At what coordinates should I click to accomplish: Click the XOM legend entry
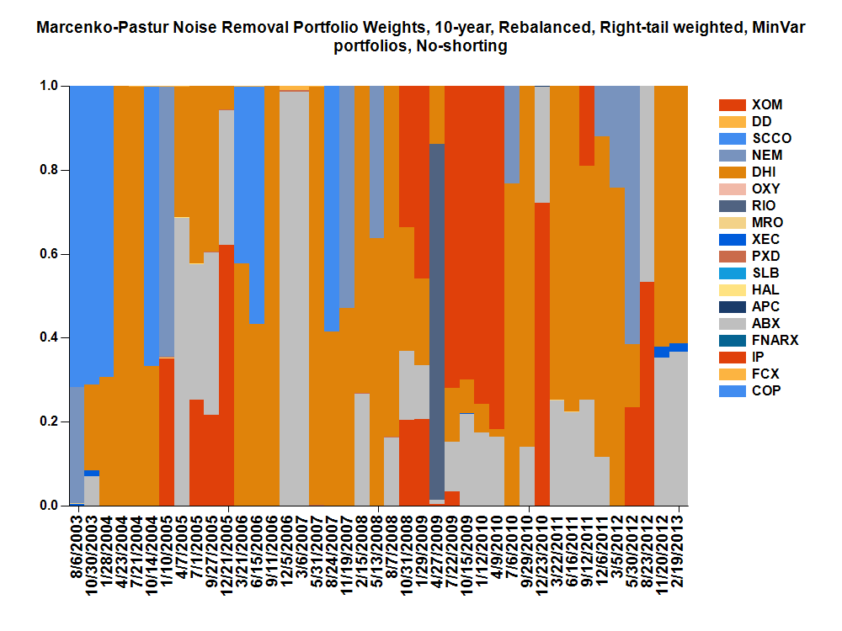pos(766,105)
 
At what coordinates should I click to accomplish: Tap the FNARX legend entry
pos(774,341)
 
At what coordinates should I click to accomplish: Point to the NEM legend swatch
pos(733,156)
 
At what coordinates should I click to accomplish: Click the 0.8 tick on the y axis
pos(51,170)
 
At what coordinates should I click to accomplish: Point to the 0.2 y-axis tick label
pos(51,422)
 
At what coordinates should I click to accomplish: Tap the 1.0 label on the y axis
pos(51,86)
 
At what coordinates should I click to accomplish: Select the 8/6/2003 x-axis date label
pos(77,548)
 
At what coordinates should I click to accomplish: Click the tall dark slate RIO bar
pos(437,320)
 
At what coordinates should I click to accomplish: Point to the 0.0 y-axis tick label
pos(51,506)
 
